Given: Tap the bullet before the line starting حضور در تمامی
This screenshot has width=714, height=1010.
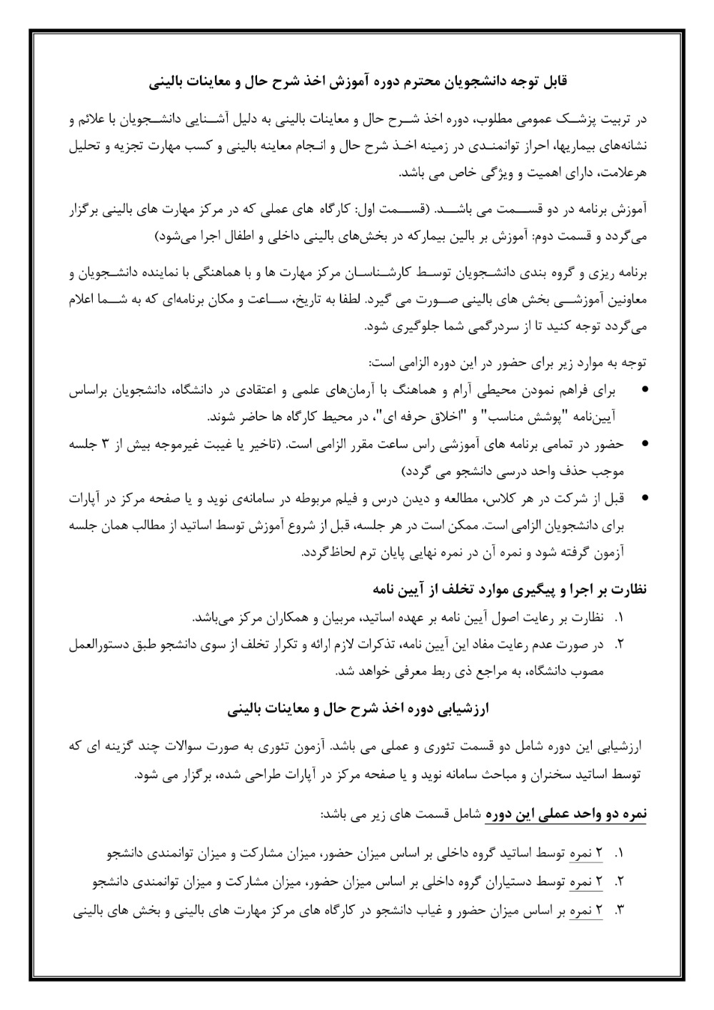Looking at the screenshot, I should click(x=645, y=444).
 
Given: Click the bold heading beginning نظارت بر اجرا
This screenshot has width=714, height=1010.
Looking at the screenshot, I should click(x=510, y=590).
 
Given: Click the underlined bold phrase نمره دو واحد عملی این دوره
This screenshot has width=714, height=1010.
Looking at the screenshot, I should click(x=565, y=815).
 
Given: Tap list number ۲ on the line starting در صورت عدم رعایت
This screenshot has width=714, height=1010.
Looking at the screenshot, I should click(x=619, y=645).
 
